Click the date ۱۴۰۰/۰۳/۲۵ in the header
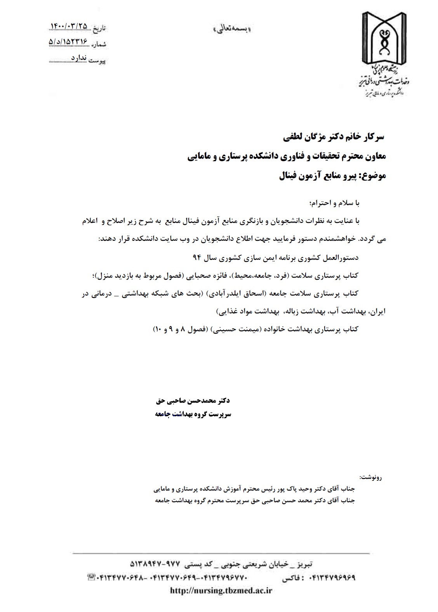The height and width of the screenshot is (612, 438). click(70, 26)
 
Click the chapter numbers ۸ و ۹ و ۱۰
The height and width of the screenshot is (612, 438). click(165, 329)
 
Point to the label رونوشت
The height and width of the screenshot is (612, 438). click(370, 477)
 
